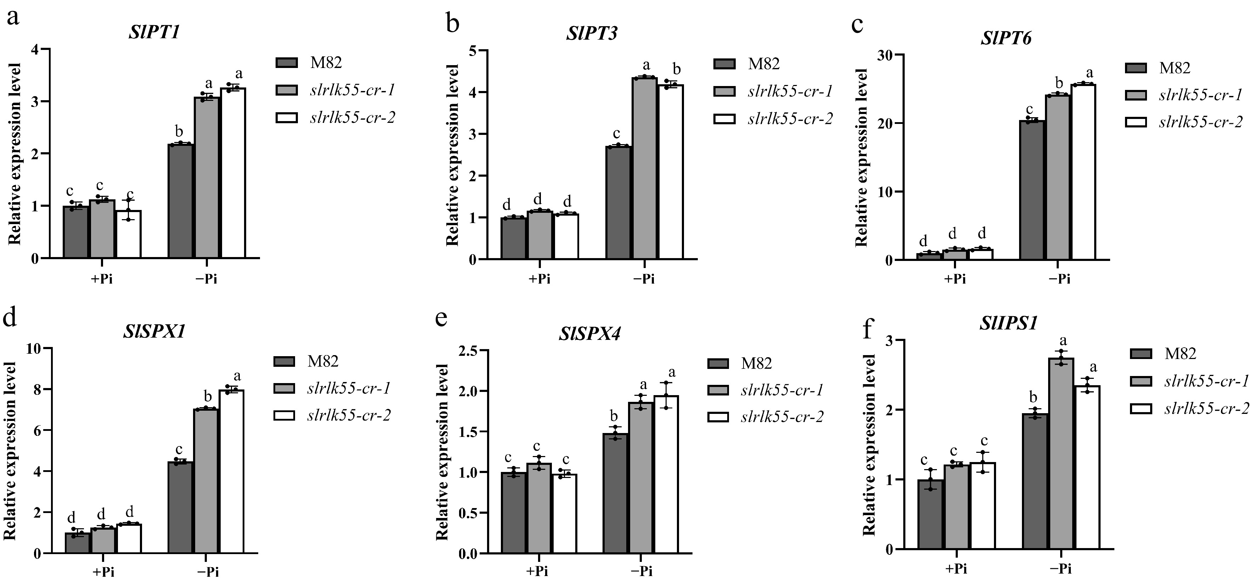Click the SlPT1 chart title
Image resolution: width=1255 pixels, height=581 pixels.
pos(154,32)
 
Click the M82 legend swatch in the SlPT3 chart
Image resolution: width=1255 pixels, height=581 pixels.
pos(724,64)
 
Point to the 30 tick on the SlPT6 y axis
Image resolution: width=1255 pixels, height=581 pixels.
pos(887,55)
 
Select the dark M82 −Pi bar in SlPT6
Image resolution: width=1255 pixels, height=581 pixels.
pos(1032,190)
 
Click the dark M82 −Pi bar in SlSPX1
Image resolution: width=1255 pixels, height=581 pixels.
pos(181,507)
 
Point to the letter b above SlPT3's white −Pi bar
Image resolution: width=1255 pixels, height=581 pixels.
pos(676,69)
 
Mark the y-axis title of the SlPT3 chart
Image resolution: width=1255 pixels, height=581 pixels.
pos(453,155)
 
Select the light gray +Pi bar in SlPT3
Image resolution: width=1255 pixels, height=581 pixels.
pos(540,235)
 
